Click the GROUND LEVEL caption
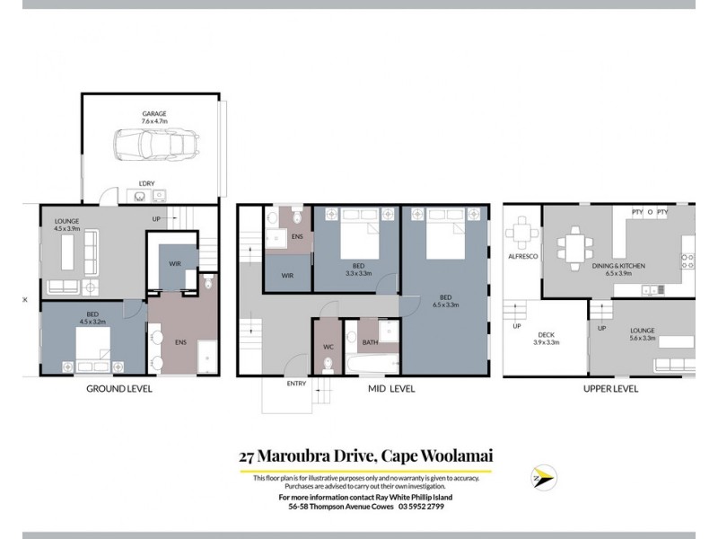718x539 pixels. coord(118,389)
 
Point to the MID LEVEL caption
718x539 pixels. coord(391,389)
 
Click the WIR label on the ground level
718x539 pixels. coord(173,262)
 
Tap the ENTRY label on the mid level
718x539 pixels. coord(296,384)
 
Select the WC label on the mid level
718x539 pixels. coord(328,346)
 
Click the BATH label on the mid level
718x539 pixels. coord(370,341)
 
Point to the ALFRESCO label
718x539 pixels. coord(522,256)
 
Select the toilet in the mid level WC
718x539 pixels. coord(328,363)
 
